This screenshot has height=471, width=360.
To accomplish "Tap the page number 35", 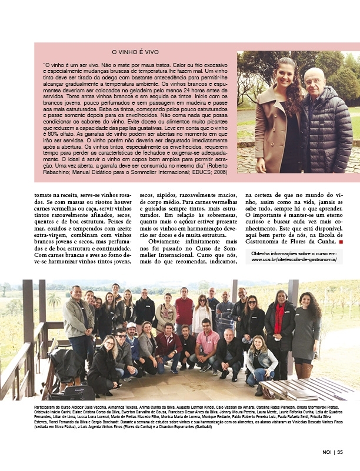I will [340, 452].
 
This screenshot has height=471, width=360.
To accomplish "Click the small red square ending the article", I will [340, 240].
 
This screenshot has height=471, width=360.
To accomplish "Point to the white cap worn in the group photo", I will [131, 325].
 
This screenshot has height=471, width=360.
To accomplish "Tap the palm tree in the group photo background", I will [55, 300].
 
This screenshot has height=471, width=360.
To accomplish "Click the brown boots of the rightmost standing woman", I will [305, 370].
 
